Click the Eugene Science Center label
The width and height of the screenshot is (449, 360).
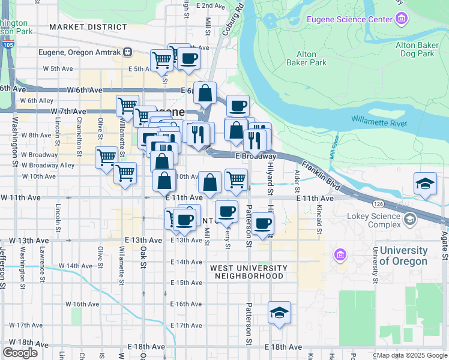point(349,20)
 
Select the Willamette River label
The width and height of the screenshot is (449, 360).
point(379,124)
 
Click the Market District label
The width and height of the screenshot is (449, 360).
point(88,27)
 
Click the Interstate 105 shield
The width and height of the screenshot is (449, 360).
point(8,44)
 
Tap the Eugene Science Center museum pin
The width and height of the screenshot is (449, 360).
point(402,20)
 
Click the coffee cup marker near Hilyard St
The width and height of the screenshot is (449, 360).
point(262,223)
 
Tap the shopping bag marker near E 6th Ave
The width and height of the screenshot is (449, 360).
point(205,93)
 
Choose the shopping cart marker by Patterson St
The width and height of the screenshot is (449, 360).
point(237,178)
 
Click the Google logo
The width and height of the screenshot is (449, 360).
point(20,353)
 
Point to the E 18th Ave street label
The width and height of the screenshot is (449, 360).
point(285,347)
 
